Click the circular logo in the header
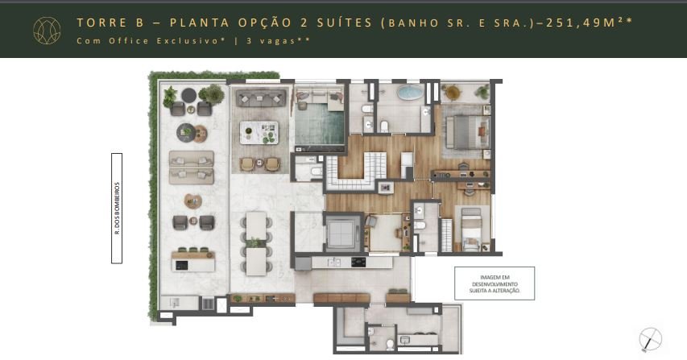pyautogui.click(x=47, y=31)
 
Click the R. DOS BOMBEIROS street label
pyautogui.click(x=117, y=208)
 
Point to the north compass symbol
pyautogui.click(x=650, y=339)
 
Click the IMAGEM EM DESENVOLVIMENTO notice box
pyautogui.click(x=495, y=283)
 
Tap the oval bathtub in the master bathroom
pyautogui.click(x=410, y=93)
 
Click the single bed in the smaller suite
pyautogui.click(x=471, y=230)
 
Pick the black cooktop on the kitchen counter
pyautogui.click(x=358, y=262)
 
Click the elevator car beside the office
pyautogui.click(x=342, y=234)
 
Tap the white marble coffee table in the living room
pyautogui.click(x=259, y=133)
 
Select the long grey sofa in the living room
pyautogui.click(x=261, y=98)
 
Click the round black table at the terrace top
pyautogui.click(x=188, y=95)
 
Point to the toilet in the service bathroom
pyautogui.click(x=390, y=344)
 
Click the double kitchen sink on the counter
pyautogui.click(x=334, y=262)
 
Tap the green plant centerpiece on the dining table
pyautogui.click(x=255, y=242)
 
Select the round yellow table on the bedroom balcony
pyautogui.click(x=452, y=92)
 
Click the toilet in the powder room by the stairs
pyautogui.click(x=316, y=171)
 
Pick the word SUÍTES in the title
pyautogui.click(x=345, y=23)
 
